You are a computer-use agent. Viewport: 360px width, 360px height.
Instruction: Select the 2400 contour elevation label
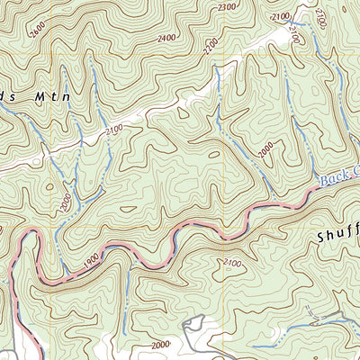point(166,39)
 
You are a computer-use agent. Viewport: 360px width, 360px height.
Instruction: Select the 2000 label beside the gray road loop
point(160,345)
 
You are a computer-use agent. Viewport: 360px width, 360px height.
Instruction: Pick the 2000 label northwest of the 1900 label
point(64,200)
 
